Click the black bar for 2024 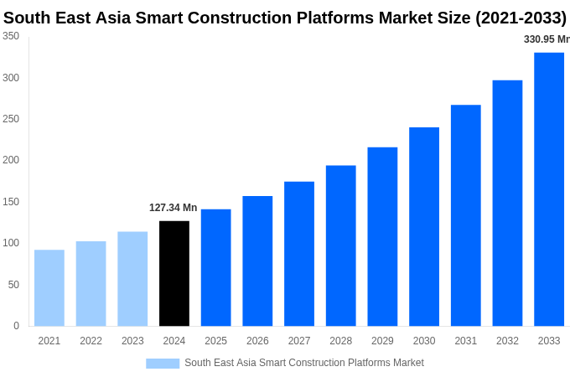pos(174,273)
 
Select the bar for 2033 pos(549,189)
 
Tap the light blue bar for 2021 pos(49,287)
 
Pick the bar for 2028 pos(341,245)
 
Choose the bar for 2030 pos(424,226)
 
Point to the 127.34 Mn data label pos(174,208)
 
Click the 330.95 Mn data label pos(546,39)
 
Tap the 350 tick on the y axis pos(11,36)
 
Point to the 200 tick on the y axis pos(11,160)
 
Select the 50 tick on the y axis pos(13,285)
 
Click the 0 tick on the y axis pos(16,326)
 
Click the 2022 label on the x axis pos(91,341)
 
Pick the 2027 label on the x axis pos(299,341)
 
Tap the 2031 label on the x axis pos(466,341)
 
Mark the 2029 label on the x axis pos(382,341)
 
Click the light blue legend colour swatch pos(163,364)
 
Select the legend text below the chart pos(304,363)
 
